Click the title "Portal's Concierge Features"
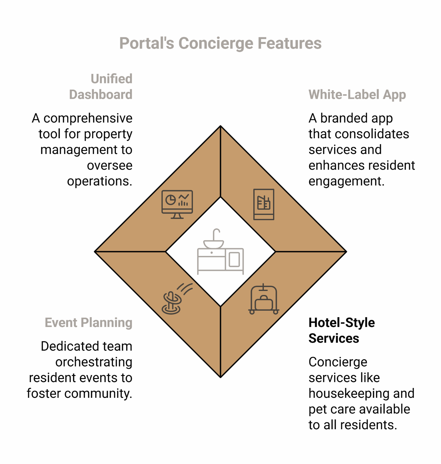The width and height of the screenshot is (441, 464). click(220, 43)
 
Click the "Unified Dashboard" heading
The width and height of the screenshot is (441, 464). click(101, 87)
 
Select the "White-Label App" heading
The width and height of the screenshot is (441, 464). click(357, 95)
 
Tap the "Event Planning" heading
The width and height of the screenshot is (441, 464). click(88, 323)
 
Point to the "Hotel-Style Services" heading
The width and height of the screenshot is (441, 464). click(341, 330)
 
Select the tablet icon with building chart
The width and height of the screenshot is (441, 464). click(264, 204)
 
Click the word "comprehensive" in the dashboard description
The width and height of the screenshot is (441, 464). click(88, 118)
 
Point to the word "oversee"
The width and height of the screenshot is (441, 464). click(110, 166)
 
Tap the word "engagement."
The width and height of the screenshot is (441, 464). click(346, 181)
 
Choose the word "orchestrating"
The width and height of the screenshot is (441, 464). click(94, 362)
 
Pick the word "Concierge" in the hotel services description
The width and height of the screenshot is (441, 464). click(338, 362)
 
